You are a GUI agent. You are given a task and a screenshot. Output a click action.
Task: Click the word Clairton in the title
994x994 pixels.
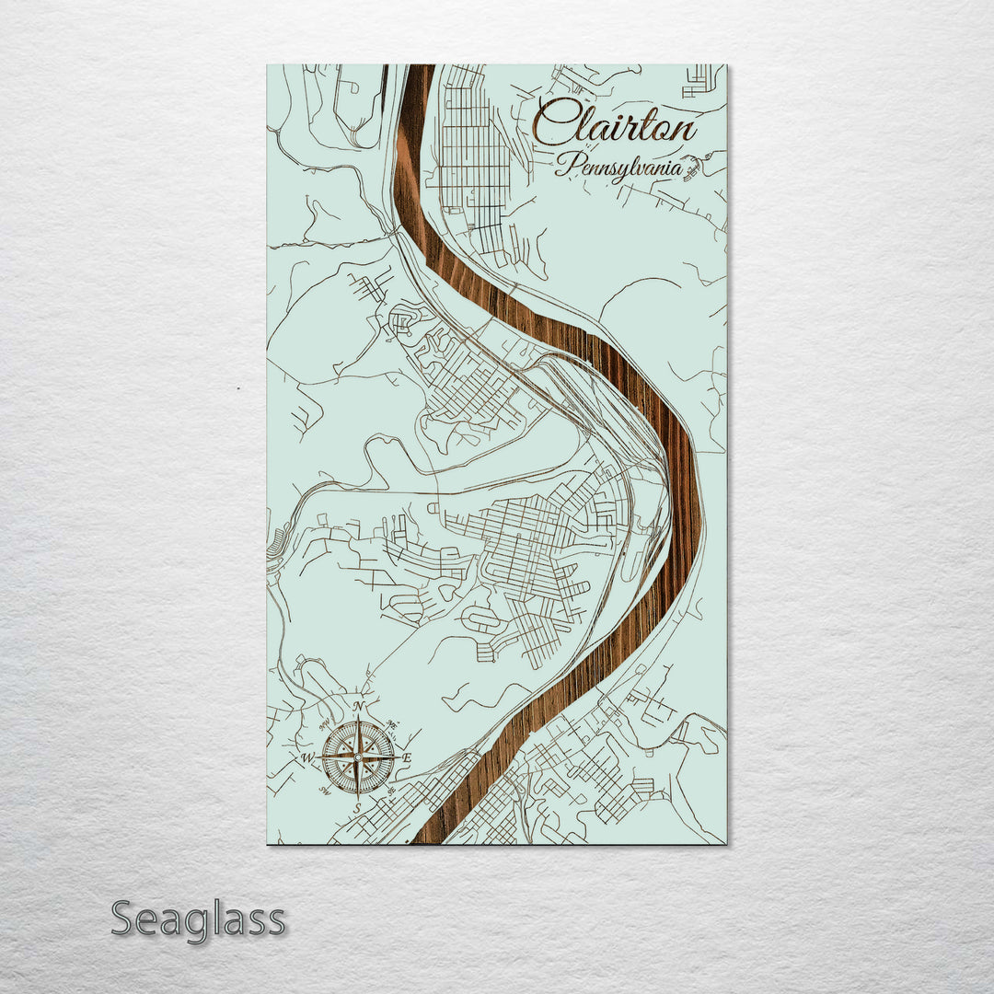click(615, 123)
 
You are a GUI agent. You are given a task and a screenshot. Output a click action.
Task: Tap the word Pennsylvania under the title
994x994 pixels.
click(618, 168)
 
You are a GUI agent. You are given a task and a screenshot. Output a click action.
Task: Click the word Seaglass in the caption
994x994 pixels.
click(198, 919)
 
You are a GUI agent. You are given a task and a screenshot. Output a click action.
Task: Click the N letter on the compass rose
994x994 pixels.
click(358, 707)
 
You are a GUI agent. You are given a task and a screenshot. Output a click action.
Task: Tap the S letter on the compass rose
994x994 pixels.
click(357, 807)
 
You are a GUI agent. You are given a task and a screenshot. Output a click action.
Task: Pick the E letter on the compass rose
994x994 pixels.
click(408, 757)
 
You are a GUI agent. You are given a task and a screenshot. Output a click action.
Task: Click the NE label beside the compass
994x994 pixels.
click(393, 724)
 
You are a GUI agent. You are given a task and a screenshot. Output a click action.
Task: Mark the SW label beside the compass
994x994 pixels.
click(325, 792)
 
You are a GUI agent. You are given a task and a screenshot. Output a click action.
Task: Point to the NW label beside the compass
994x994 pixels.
click(324, 725)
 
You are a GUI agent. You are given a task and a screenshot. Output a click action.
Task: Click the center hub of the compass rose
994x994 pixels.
click(358, 757)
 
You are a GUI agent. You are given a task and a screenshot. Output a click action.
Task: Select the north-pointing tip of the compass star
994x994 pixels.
click(358, 717)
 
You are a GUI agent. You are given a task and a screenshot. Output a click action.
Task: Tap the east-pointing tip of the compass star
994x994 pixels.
click(399, 757)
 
